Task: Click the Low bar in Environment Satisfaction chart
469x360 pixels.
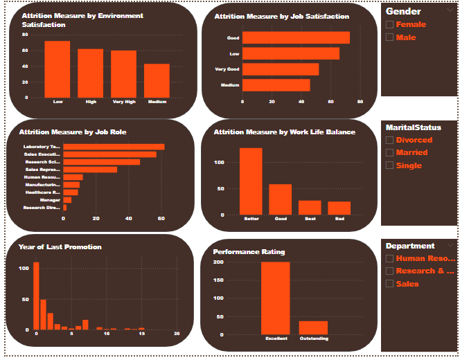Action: tap(57, 69)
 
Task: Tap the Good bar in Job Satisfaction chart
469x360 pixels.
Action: tap(296, 38)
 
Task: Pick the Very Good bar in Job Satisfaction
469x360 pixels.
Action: tap(281, 69)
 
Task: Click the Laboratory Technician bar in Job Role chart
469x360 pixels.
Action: tap(114, 147)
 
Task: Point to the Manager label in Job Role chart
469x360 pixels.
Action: tap(51, 199)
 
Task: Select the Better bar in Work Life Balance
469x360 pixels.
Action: tap(251, 181)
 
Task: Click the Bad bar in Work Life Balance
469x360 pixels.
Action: tap(339, 208)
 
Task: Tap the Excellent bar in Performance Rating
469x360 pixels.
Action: tap(275, 298)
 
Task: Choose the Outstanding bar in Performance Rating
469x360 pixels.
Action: tap(313, 327)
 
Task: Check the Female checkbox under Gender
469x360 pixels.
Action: tap(389, 25)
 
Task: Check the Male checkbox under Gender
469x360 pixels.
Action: tap(389, 37)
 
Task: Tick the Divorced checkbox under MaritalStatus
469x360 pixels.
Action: tap(389, 140)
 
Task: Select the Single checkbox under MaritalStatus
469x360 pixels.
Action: tap(389, 165)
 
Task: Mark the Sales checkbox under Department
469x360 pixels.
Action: tap(389, 284)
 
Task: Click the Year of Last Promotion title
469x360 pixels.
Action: tap(60, 247)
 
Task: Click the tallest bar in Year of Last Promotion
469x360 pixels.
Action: tap(37, 296)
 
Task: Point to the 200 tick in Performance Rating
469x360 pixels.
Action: tap(218, 262)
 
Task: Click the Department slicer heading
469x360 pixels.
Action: tap(410, 246)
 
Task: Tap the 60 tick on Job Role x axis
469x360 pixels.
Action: tap(161, 219)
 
